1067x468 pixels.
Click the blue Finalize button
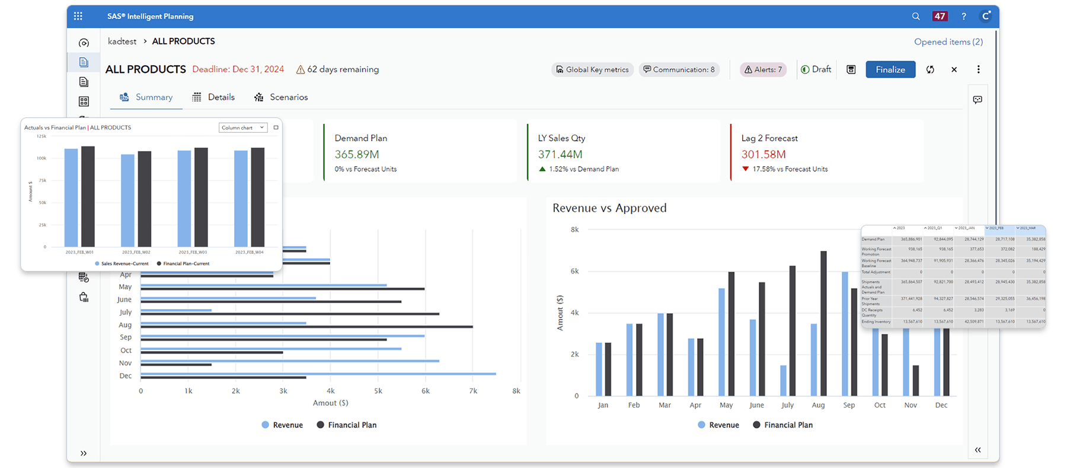(x=890, y=69)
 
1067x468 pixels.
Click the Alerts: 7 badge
(x=763, y=69)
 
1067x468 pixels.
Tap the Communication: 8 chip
(x=679, y=69)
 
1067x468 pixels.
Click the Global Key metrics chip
(x=592, y=69)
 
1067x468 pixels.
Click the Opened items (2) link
(x=948, y=42)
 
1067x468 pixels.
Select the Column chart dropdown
(x=243, y=128)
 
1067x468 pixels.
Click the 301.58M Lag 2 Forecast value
(x=763, y=154)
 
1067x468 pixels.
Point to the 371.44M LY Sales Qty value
(x=560, y=154)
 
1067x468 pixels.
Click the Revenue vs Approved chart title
(x=609, y=208)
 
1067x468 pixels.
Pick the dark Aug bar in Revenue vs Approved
(x=823, y=323)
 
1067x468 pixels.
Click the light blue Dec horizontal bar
(x=318, y=374)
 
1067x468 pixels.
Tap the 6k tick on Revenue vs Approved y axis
(x=574, y=271)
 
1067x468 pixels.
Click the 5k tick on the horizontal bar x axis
(x=378, y=391)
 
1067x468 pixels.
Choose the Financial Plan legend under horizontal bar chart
(x=347, y=425)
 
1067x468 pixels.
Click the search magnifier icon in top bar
(x=916, y=17)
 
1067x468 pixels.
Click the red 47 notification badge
(x=940, y=17)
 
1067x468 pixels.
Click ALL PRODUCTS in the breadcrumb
(x=183, y=42)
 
